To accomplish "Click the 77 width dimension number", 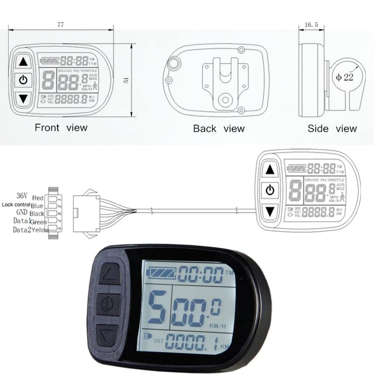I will pyautogui.click(x=60, y=25).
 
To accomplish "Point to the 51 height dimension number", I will pyautogui.click(x=125, y=80).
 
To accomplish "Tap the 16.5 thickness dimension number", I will pyautogui.click(x=311, y=24).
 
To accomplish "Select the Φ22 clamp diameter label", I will pyautogui.click(x=344, y=77).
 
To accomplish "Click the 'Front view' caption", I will pyautogui.click(x=61, y=127).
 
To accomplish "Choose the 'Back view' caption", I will pyautogui.click(x=219, y=128).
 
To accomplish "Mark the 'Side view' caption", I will pyautogui.click(x=332, y=129).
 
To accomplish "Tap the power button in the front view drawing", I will pyautogui.click(x=23, y=80).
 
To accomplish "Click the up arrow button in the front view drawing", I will pyautogui.click(x=23, y=61).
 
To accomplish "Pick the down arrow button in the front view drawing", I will pyautogui.click(x=23, y=99).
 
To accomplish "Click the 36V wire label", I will pyautogui.click(x=22, y=195).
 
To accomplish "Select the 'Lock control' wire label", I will pyautogui.click(x=16, y=205).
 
